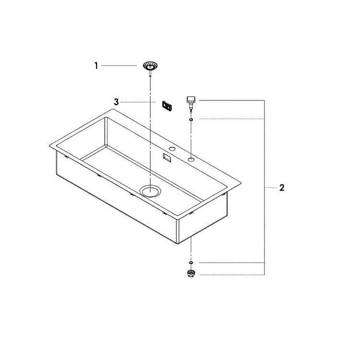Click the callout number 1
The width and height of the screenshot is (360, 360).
click(96, 66)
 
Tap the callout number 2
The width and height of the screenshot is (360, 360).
click(282, 188)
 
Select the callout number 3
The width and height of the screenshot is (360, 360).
click(116, 102)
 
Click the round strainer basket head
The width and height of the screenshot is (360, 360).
click(150, 66)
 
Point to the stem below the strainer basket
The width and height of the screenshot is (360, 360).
click(150, 73)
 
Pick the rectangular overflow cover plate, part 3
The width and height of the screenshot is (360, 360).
click(167, 106)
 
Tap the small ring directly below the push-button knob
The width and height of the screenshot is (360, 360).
click(191, 120)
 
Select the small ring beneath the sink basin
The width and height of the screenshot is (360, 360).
click(191, 263)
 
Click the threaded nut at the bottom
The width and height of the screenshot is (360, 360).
click(191, 273)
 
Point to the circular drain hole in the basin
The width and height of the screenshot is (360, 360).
click(150, 191)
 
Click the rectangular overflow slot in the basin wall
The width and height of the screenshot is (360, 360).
click(167, 158)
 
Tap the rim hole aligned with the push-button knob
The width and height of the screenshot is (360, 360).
click(191, 159)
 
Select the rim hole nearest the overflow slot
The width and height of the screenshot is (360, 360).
click(172, 149)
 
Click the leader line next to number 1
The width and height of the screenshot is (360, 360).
click(119, 66)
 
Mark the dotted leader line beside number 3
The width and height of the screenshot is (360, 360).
click(138, 102)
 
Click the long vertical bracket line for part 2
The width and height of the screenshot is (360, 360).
click(264, 187)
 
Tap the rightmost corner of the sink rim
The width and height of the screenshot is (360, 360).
click(241, 183)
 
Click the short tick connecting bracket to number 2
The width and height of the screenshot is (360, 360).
click(271, 188)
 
